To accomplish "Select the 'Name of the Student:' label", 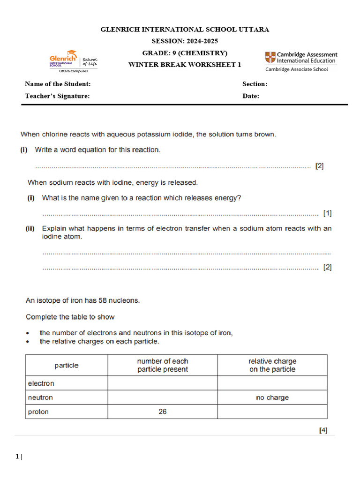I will click(58, 84).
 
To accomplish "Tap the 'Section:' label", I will click(255, 84).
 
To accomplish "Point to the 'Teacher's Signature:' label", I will click(57, 96).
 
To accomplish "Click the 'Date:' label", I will click(250, 96).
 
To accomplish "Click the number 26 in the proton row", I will click(162, 412).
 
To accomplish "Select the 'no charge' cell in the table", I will click(272, 397).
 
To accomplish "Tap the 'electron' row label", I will click(41, 383).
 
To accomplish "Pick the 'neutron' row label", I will click(41, 397).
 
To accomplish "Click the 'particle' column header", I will click(67, 365).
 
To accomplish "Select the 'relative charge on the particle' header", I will click(272, 365).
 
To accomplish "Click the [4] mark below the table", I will click(323, 429).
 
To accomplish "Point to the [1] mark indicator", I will click(327, 213).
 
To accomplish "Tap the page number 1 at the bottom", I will click(17, 457).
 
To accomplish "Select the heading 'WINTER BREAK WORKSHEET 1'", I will click(185, 65).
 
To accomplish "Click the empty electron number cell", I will click(162, 383).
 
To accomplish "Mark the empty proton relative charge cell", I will click(272, 412).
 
